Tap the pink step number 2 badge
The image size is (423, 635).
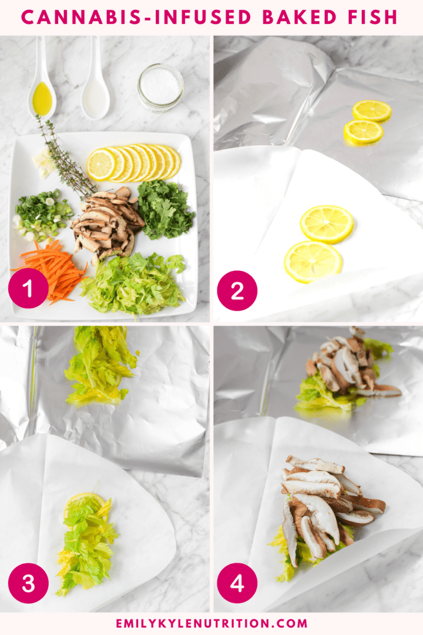click(237, 290)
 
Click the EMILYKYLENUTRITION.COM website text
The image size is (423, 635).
click(211, 623)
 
